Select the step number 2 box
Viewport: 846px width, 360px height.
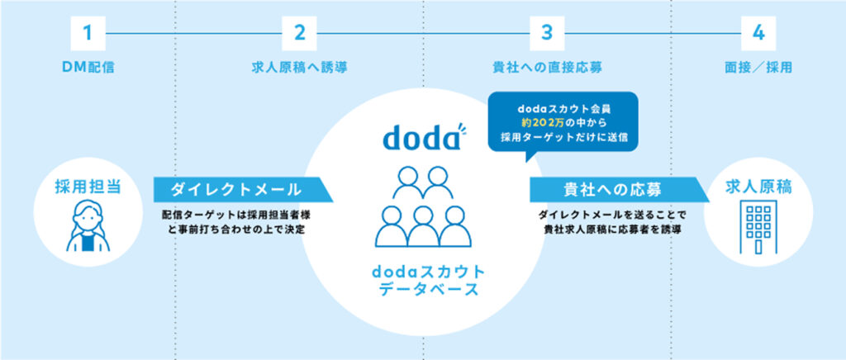(299, 34)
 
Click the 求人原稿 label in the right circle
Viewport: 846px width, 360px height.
(757, 185)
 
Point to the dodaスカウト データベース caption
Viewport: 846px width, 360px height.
(421, 280)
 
